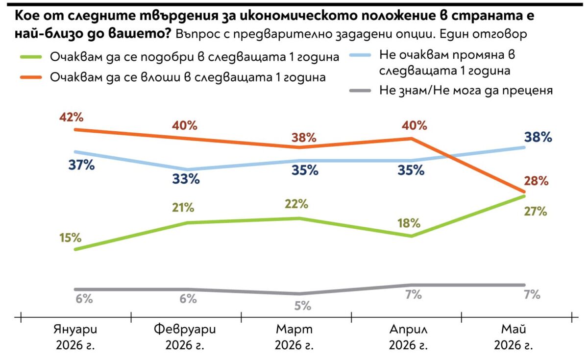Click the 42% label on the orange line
71,117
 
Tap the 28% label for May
536,181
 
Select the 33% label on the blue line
186,179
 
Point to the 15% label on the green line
71,238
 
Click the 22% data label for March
296,204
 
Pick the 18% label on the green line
409,223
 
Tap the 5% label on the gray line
303,306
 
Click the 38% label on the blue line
538,137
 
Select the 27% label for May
536,211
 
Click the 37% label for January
81,166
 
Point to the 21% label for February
183,208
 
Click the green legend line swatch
31,57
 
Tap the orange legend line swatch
31,77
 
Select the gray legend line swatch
360,91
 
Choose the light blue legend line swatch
360,55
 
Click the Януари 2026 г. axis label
75,337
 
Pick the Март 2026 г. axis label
294,337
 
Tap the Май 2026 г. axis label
514,337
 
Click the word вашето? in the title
140,34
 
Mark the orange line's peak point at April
412,139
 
